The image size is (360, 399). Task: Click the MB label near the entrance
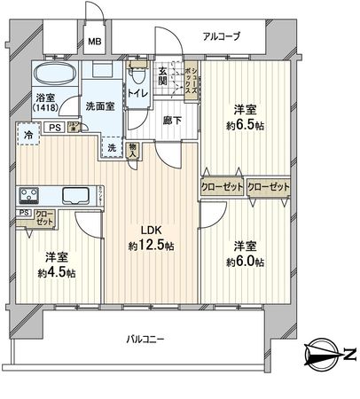94,41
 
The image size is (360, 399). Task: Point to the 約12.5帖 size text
148,246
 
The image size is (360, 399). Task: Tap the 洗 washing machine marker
113,146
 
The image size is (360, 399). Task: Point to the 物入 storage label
133,153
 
